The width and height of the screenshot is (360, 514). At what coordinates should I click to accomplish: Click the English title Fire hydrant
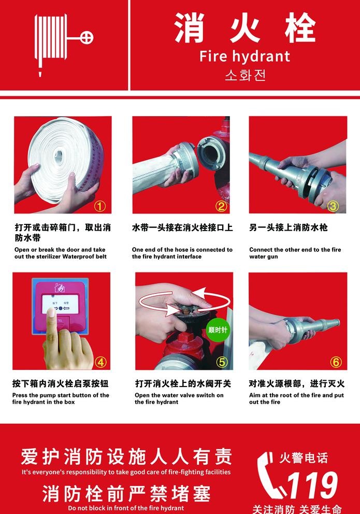(244, 56)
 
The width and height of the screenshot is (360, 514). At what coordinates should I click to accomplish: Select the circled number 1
(100, 206)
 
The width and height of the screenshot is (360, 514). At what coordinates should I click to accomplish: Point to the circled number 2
(221, 206)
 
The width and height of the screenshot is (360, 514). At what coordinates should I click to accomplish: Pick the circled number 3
(333, 206)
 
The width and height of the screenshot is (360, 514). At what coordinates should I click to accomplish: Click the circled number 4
(100, 362)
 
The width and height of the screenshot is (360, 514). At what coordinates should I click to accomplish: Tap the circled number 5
(222, 362)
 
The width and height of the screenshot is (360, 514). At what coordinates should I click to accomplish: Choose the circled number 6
(336, 362)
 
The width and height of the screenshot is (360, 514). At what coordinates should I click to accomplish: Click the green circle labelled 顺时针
(218, 330)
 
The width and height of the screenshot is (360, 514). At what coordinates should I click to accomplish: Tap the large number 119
(312, 486)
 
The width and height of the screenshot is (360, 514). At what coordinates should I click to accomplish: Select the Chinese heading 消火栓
(245, 28)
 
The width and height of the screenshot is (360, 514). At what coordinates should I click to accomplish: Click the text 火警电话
(304, 458)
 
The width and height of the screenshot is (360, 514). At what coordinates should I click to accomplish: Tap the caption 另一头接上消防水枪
(289, 227)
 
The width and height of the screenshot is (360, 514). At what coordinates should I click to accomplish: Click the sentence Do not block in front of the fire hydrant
(126, 508)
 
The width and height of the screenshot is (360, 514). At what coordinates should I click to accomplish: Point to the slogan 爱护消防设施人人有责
(126, 456)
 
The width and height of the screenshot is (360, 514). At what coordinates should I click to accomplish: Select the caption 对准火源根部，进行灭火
(297, 383)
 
